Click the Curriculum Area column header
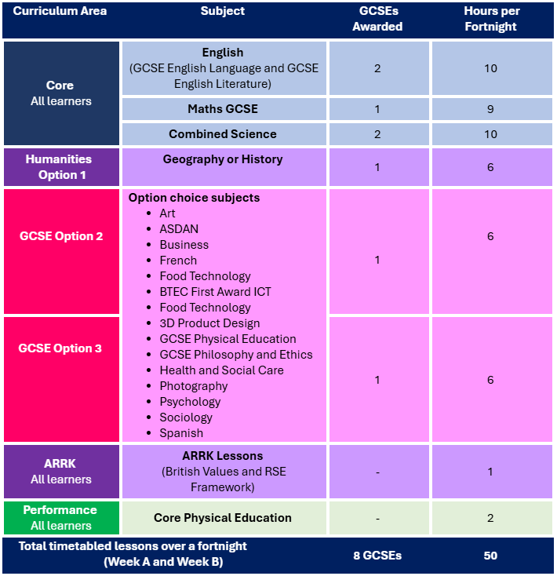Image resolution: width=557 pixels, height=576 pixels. point(60,11)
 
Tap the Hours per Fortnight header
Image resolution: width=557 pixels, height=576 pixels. point(491,19)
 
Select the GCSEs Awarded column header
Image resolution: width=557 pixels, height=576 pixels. point(378,19)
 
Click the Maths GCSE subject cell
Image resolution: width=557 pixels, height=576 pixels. point(223,109)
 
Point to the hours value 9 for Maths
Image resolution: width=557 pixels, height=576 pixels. point(490,109)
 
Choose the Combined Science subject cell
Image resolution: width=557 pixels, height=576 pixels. point(223,134)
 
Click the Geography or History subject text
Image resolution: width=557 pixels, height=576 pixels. point(223,159)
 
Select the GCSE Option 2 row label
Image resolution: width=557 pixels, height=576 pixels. point(61,236)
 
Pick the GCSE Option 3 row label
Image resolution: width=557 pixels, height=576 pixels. point(60,348)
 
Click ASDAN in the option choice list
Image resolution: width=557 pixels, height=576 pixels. point(179,229)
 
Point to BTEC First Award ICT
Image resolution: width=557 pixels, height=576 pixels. point(215,292)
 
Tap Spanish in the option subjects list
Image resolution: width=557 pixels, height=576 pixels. point(181,433)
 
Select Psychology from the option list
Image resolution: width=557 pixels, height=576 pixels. point(190,402)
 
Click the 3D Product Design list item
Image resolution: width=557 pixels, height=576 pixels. point(209,323)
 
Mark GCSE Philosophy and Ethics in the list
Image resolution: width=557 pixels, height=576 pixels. point(236,355)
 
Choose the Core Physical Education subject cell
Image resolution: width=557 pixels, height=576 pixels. point(223,518)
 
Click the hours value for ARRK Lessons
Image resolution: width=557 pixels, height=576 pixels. point(490,472)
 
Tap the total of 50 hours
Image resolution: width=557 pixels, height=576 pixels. point(490,556)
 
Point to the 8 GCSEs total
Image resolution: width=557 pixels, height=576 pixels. point(377,556)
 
